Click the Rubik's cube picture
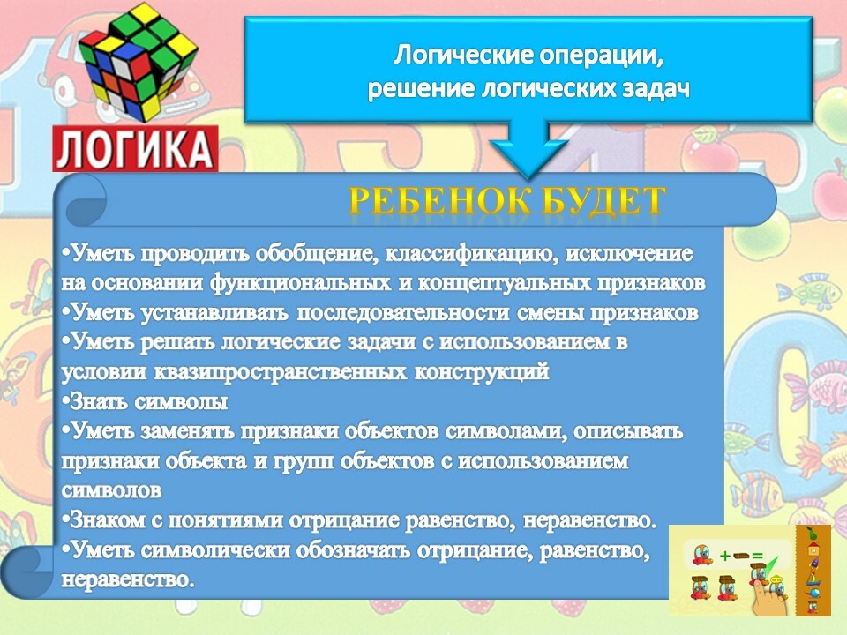(x=139, y=62)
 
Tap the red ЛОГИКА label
(x=135, y=148)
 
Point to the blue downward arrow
(x=528, y=148)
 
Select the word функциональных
(x=300, y=283)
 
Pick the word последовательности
(x=403, y=313)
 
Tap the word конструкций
(x=482, y=372)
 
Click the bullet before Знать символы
(x=65, y=402)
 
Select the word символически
(x=218, y=550)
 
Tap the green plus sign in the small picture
(x=725, y=555)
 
